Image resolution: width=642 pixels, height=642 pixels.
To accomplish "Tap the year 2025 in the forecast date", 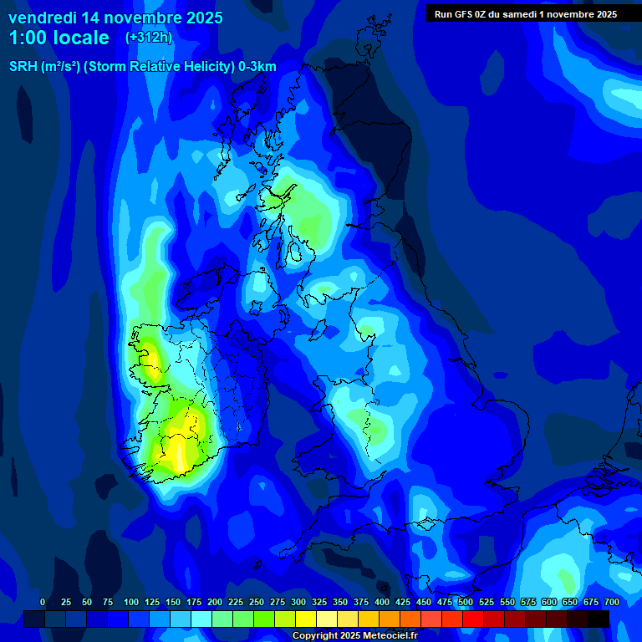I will point(199,18).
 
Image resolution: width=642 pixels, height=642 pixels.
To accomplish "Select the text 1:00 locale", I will point(59,38).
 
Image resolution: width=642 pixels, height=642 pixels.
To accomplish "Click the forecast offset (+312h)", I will point(148,38).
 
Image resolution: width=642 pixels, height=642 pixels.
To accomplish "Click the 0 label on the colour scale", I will point(43,602).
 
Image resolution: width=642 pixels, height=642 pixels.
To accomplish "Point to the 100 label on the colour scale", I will point(131,602).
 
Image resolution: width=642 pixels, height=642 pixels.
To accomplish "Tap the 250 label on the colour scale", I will point(257,602).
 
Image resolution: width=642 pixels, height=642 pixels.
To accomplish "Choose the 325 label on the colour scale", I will point(319,602).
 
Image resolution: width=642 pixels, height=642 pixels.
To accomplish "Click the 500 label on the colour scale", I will point(466,602).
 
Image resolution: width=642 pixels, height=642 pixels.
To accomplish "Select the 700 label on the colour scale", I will point(612,602).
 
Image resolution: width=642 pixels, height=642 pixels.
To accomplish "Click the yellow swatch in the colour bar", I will point(306,619).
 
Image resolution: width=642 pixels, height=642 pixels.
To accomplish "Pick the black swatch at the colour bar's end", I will point(599,619).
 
